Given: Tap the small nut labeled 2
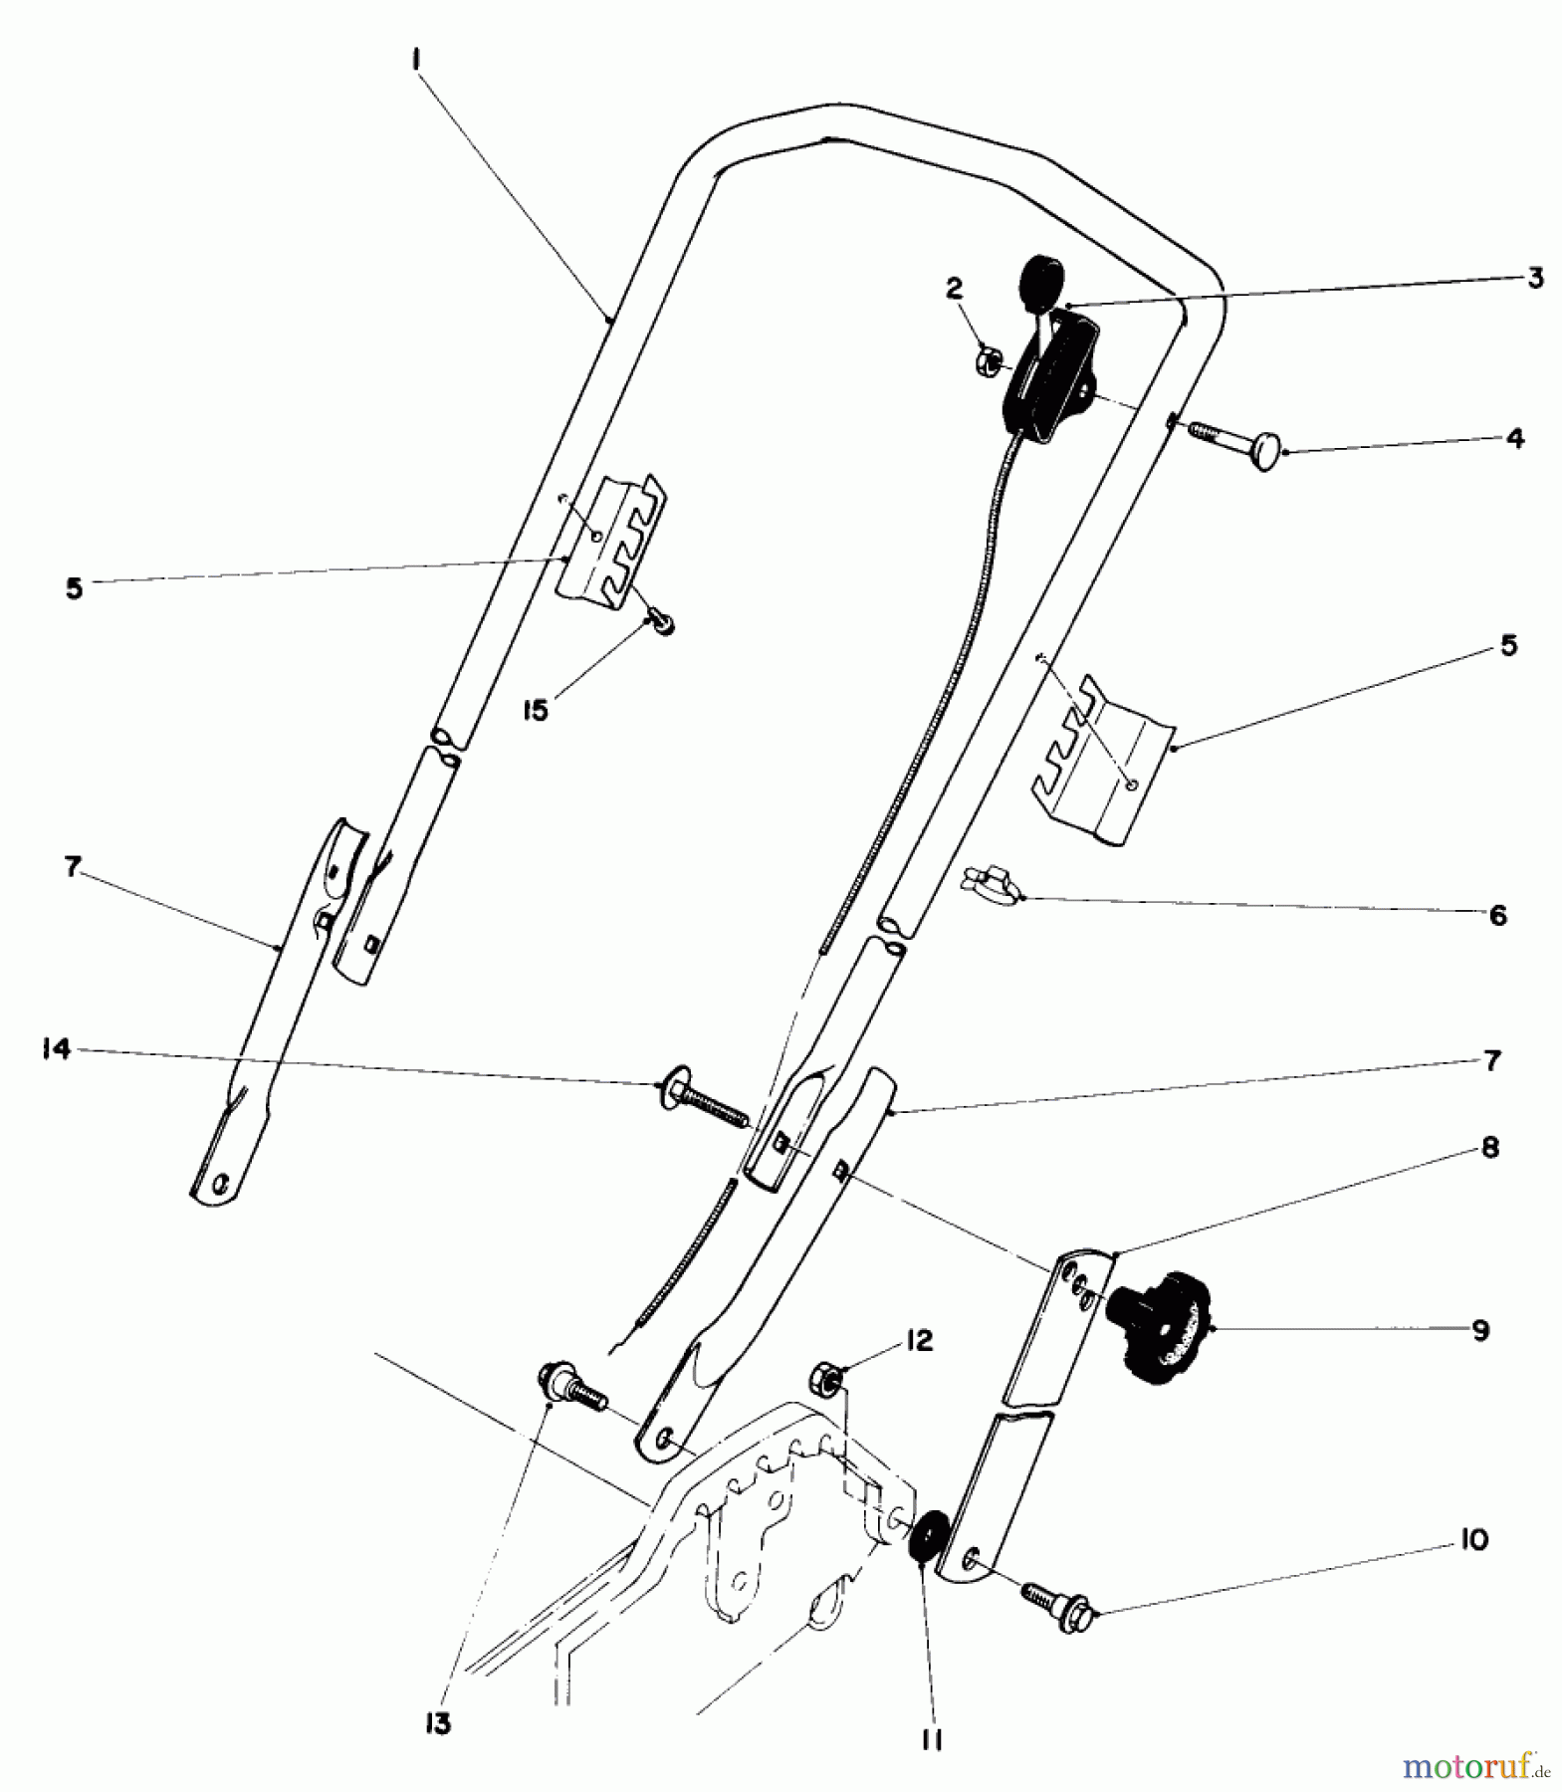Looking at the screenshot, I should coord(991,358).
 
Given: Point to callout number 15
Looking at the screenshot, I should coord(536,712).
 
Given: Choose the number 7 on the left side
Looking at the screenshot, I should coord(71,867).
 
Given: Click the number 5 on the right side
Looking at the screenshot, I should coord(1508,646).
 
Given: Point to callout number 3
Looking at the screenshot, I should coord(1535,278).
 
